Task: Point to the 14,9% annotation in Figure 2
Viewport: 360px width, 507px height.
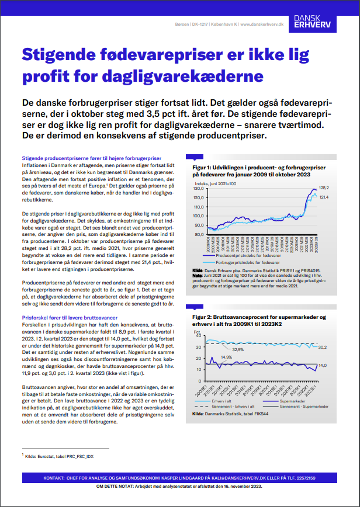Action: [226, 357]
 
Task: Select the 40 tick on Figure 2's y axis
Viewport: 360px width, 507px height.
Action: [198, 335]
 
